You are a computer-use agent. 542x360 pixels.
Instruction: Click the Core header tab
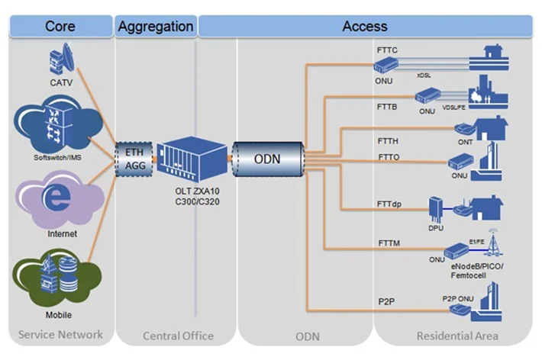(x=60, y=27)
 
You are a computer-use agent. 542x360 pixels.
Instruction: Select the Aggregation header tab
(x=156, y=27)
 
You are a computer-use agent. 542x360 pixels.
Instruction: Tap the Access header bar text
(x=364, y=27)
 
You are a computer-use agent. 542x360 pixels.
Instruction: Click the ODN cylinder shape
(x=266, y=158)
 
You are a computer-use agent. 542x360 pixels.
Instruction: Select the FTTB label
(x=387, y=108)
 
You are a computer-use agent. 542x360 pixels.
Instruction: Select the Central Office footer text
(x=178, y=336)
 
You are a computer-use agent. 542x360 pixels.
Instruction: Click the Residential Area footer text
(x=457, y=336)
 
